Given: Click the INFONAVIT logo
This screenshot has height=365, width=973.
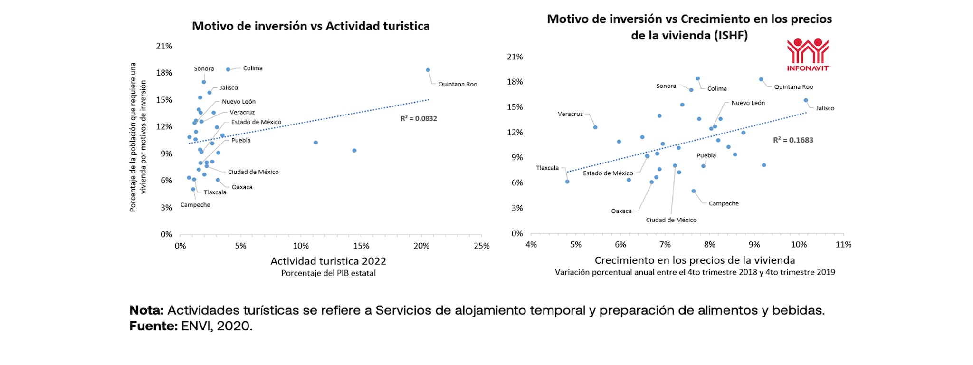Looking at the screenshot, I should [x=808, y=54].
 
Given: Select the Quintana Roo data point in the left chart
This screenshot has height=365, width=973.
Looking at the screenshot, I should [x=428, y=70].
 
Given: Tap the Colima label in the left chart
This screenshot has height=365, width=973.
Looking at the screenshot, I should [x=253, y=68].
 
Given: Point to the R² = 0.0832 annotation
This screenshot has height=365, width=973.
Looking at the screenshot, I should [x=419, y=118].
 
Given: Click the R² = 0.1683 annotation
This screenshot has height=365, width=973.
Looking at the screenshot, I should [x=793, y=140].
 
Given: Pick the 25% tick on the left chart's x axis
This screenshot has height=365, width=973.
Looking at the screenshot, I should [x=482, y=246].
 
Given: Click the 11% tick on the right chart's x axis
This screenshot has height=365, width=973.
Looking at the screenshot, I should [x=844, y=245].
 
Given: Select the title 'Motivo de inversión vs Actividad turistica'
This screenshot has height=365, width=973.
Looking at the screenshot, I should [x=311, y=26].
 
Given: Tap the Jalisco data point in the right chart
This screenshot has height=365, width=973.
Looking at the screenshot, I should [x=806, y=100].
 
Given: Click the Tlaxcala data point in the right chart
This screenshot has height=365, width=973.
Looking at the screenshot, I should [x=567, y=182].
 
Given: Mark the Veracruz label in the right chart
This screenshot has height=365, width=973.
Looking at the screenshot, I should [x=570, y=114].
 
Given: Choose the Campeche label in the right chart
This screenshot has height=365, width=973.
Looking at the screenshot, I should [x=724, y=203].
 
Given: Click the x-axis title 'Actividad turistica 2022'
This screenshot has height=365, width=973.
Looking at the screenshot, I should [x=328, y=261].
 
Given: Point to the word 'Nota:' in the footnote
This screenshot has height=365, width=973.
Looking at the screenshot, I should [x=146, y=310].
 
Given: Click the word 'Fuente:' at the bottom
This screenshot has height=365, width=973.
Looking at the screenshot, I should [x=153, y=326].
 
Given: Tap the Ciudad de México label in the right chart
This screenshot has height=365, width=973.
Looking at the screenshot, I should [x=671, y=220].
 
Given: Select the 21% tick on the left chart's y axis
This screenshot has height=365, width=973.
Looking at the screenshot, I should [x=164, y=46].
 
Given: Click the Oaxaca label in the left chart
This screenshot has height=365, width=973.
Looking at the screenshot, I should [x=242, y=187].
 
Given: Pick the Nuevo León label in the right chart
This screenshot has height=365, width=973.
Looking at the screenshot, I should [x=748, y=103].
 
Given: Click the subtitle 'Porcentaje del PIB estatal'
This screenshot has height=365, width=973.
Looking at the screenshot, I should [x=328, y=273].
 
